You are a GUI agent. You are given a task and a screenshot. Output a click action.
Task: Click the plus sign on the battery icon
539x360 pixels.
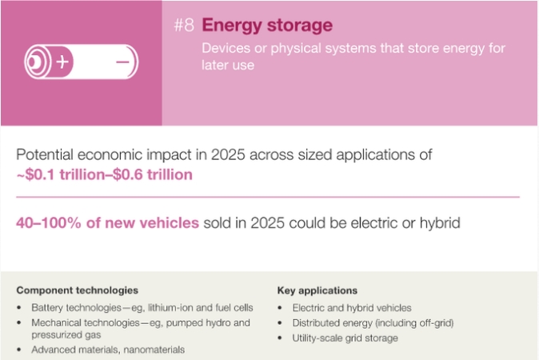(62, 62)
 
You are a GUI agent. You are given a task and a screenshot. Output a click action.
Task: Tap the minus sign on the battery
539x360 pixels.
(122, 62)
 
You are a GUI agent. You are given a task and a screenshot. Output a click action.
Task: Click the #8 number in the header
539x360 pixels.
(184, 25)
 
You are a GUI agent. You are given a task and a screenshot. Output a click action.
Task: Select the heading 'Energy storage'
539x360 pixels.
(267, 26)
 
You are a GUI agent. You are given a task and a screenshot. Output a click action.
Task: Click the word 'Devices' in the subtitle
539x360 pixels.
(226, 48)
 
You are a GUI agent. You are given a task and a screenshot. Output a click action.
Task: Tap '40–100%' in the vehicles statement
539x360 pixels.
(49, 223)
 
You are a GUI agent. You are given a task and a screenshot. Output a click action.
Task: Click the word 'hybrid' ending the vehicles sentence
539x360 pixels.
(440, 223)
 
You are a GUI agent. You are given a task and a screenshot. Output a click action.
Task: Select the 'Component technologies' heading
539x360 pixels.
(78, 290)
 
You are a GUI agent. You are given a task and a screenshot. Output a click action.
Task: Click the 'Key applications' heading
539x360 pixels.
(317, 290)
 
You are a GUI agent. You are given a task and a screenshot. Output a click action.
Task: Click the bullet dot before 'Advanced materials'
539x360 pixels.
(19, 350)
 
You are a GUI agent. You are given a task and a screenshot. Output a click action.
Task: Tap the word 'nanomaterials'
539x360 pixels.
(154, 350)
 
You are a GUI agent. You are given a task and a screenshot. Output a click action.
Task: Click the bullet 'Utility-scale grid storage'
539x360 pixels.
(345, 338)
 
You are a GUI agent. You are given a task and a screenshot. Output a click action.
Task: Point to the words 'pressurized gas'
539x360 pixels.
(66, 335)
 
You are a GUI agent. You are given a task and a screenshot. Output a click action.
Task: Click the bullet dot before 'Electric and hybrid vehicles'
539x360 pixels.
(280, 308)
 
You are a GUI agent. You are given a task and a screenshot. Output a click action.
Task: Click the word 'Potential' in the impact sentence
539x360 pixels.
(45, 154)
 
